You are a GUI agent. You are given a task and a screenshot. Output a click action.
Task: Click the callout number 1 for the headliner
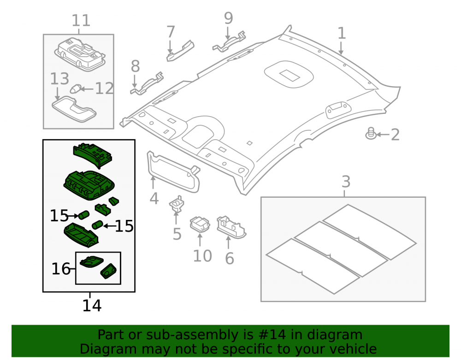pyautogui.click(x=341, y=33)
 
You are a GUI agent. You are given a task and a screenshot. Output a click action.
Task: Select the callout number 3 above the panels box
pyautogui.click(x=346, y=182)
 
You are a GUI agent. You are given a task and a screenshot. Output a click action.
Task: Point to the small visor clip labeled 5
pyautogui.click(x=177, y=203)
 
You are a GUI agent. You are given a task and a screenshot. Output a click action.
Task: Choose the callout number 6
pyautogui.click(x=229, y=259)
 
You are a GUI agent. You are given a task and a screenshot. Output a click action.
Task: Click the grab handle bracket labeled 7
pyautogui.click(x=180, y=51)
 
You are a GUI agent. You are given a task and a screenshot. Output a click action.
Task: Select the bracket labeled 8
pyautogui.click(x=147, y=84)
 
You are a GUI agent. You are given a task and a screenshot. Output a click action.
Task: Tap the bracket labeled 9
pyautogui.click(x=229, y=42)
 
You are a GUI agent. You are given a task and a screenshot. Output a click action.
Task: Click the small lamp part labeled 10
pyautogui.click(x=200, y=224)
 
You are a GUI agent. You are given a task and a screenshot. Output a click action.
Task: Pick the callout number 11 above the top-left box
pyautogui.click(x=81, y=21)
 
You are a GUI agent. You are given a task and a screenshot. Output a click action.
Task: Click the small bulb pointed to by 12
pyautogui.click(x=76, y=89)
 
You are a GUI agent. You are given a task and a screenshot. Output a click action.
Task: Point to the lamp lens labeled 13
pyautogui.click(x=74, y=109)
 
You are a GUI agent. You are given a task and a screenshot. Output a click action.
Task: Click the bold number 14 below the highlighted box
pyautogui.click(x=92, y=306)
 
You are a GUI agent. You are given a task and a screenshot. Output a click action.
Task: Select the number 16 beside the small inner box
pyautogui.click(x=61, y=269)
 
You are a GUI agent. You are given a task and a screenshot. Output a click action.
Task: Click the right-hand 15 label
pyautogui.click(x=124, y=226)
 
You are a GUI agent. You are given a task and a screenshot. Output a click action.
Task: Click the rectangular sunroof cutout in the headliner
pyautogui.click(x=290, y=76)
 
